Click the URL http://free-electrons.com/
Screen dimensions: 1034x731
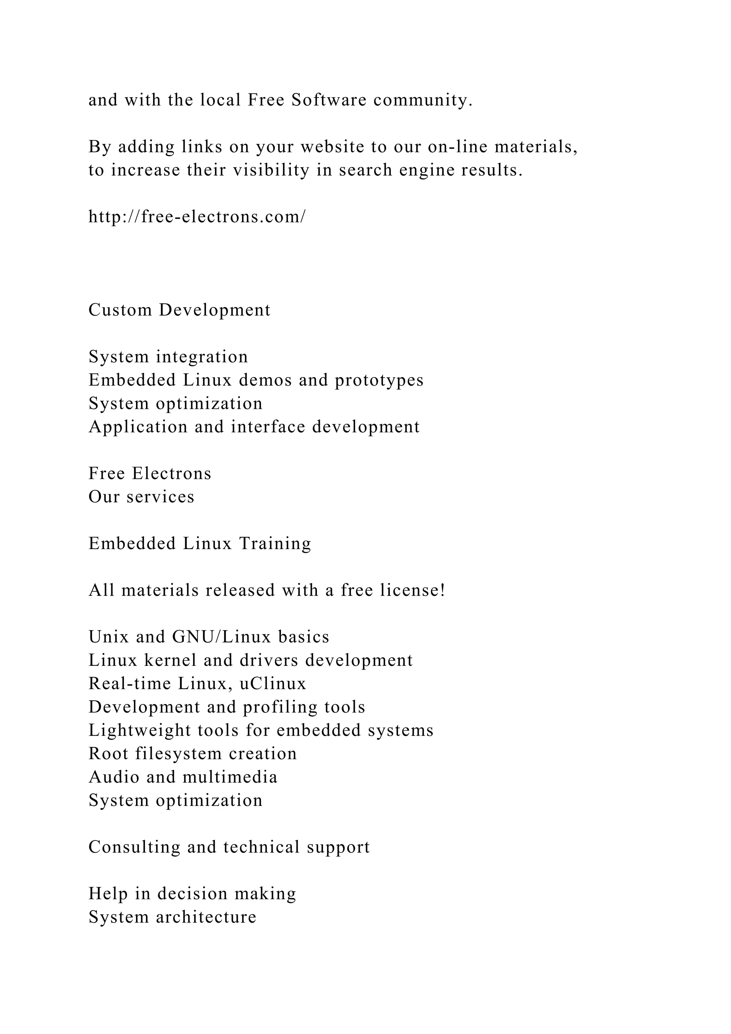197,217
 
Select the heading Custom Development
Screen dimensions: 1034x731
179,310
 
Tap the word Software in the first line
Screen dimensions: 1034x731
329,100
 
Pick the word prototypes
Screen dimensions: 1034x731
379,380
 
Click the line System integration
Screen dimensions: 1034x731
168,357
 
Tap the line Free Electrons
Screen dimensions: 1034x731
150,473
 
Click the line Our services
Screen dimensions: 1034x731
141,497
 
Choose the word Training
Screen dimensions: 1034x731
275,543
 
